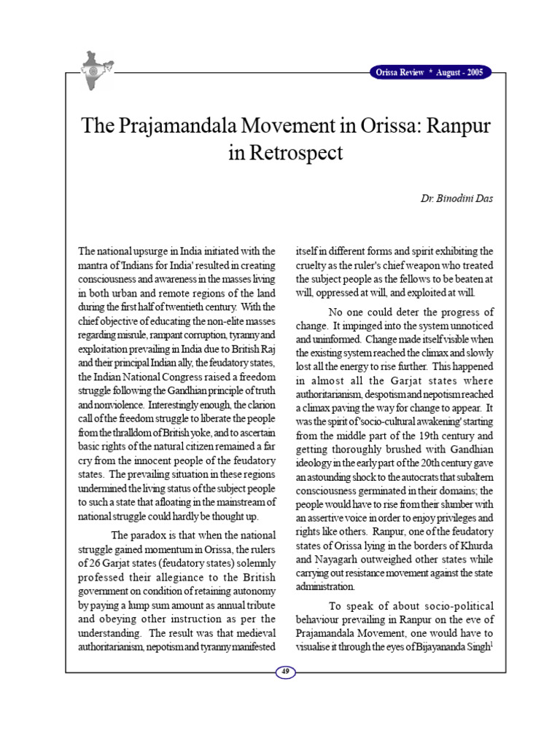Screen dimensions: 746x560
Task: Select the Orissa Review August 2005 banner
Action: click(429, 72)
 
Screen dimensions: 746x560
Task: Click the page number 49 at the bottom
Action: click(284, 672)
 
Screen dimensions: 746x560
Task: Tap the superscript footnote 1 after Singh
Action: click(492, 643)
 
